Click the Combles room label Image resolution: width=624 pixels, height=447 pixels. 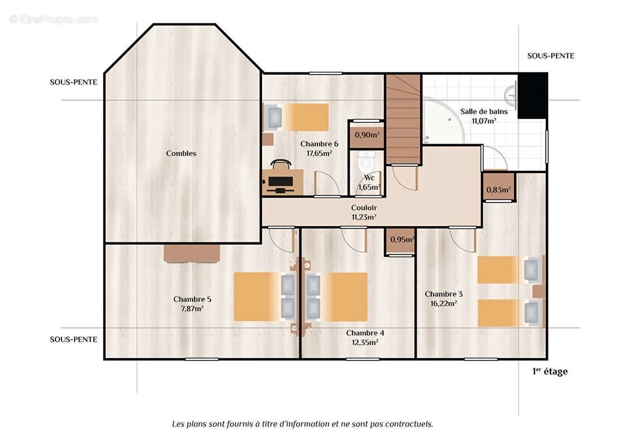(181, 153)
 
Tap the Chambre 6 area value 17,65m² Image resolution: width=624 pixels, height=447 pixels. (319, 153)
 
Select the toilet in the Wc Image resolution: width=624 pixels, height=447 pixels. (366, 161)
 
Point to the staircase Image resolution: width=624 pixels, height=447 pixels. (403, 119)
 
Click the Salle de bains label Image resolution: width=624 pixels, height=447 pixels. (484, 111)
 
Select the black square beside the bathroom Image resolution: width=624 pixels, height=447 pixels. (532, 96)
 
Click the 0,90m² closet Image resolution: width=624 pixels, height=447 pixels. (366, 135)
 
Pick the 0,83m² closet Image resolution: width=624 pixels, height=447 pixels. (499, 187)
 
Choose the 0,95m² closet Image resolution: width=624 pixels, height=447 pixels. (401, 241)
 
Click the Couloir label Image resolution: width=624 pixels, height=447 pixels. (364, 207)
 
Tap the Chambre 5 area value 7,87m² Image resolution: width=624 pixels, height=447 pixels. (192, 308)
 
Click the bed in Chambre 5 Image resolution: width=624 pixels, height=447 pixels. (265, 297)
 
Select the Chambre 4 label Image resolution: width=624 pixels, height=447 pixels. (365, 333)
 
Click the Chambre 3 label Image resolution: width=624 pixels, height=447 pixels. (444, 294)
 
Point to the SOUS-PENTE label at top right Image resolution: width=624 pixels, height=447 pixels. (551, 56)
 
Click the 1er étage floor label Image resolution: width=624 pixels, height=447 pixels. (550, 372)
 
